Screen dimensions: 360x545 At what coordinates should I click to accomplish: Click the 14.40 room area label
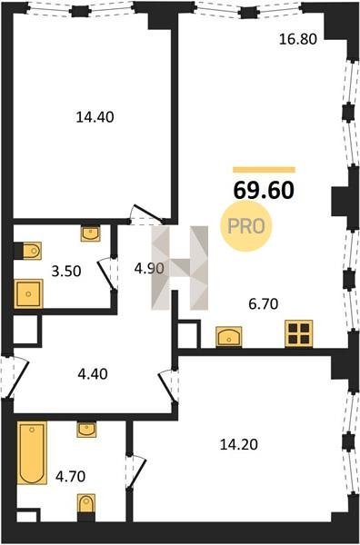[95, 117]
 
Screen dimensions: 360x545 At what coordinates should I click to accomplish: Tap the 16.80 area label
[298, 39]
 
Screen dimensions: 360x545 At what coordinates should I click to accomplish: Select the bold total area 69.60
[264, 191]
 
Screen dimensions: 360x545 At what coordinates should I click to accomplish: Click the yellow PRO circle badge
[246, 226]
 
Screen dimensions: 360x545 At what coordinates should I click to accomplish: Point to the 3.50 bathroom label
[66, 271]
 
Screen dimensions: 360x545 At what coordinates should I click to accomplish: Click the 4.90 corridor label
[149, 268]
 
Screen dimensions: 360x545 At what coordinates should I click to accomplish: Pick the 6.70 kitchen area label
[264, 304]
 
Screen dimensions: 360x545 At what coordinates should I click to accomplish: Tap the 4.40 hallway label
[93, 374]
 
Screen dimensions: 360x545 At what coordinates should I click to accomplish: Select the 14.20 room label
[238, 444]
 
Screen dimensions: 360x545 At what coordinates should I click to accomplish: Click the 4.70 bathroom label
[71, 476]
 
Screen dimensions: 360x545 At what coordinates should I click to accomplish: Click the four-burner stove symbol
[299, 333]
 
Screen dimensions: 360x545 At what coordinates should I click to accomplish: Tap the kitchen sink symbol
[228, 336]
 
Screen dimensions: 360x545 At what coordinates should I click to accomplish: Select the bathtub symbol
[32, 452]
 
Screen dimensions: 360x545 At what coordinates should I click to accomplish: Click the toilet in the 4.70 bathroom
[86, 505]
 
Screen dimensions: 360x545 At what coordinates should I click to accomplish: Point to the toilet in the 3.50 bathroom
[30, 251]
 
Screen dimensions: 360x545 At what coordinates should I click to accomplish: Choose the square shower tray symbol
[28, 293]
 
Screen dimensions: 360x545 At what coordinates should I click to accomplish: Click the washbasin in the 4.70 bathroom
[86, 430]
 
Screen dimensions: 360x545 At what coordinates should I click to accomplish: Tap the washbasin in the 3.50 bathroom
[90, 233]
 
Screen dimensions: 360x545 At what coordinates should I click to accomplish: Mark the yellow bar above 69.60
[264, 170]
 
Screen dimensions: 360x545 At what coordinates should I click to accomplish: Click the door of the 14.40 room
[147, 213]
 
